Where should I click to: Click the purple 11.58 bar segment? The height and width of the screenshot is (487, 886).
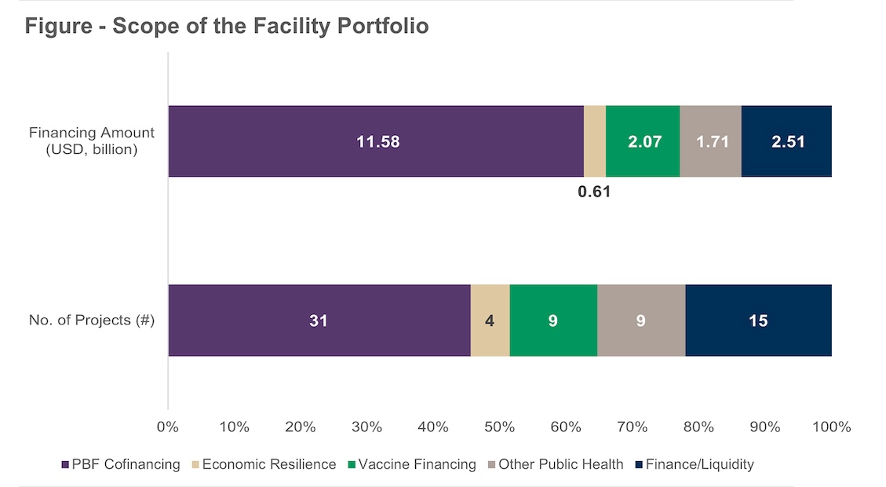pos(376,141)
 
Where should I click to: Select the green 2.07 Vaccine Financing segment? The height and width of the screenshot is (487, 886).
pos(643,141)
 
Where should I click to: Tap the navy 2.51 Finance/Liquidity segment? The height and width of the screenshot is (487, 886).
pos(786,141)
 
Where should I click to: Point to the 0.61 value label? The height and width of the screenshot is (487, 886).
pos(594,191)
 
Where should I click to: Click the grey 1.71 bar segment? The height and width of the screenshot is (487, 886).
pos(710,141)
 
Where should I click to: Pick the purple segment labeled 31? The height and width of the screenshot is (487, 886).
pos(319,320)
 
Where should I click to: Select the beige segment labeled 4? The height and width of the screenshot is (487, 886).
pos(490,320)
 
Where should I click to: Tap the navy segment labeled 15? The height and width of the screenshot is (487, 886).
pos(758,320)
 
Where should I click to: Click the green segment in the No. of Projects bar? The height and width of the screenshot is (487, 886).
pos(553,320)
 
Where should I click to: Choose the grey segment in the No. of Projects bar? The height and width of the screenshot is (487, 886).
pos(641,320)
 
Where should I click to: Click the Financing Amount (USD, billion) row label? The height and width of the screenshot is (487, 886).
pos(93,141)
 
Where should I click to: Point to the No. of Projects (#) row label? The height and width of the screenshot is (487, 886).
pos(91,320)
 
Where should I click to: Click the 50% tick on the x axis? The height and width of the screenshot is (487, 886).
pos(499,427)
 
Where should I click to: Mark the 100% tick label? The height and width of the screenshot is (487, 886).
pos(831,427)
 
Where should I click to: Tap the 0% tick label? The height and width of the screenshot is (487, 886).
pos(168,427)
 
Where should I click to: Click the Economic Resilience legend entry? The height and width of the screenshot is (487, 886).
pos(262,464)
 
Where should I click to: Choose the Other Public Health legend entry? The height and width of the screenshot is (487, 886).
pos(555,464)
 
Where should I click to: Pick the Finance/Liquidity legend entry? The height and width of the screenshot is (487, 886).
pos(694,464)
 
